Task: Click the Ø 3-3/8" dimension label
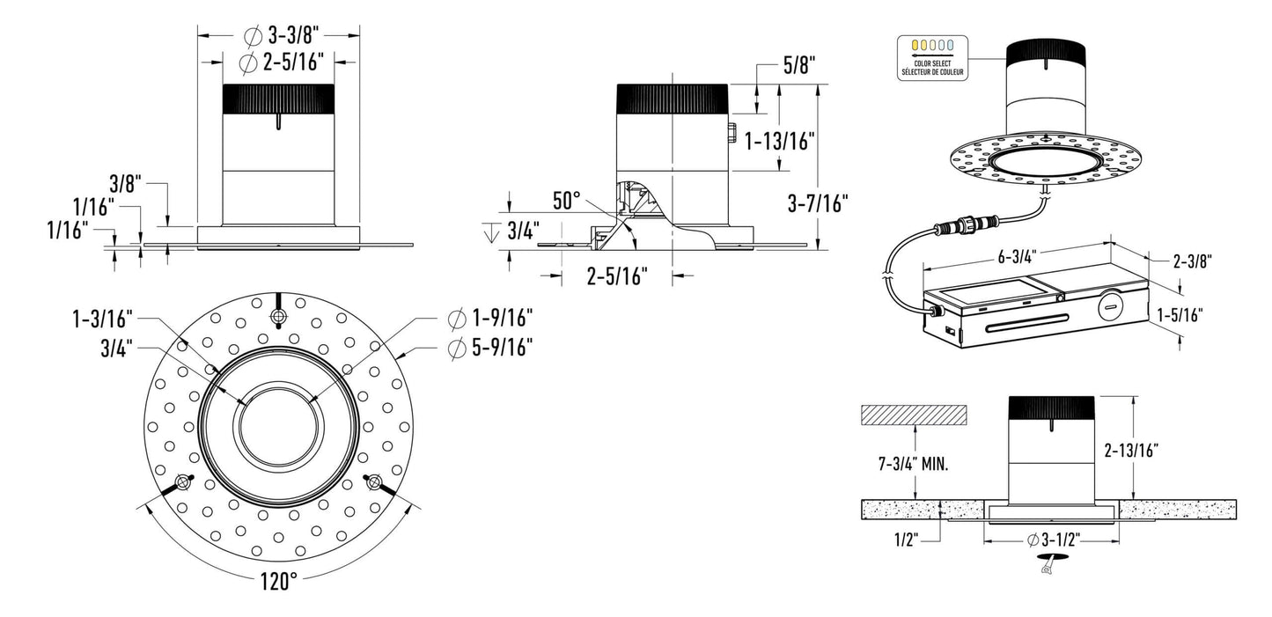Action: (x=280, y=36)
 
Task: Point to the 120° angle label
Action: (x=278, y=582)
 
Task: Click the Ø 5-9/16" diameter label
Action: (x=490, y=349)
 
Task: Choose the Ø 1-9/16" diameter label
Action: (x=490, y=317)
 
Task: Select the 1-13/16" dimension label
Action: (x=780, y=140)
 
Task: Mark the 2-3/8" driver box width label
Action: (x=1192, y=261)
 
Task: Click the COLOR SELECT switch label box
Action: (x=931, y=58)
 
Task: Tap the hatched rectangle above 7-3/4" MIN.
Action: (x=914, y=414)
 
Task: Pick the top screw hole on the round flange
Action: (x=278, y=316)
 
